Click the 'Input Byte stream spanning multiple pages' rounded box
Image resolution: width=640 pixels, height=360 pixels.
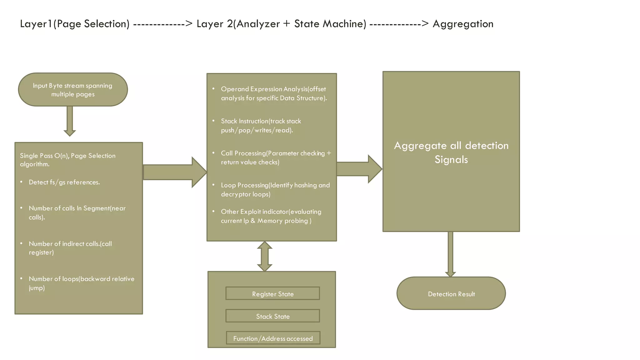pos(73,90)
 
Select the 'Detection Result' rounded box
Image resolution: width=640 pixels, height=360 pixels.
pos(451,293)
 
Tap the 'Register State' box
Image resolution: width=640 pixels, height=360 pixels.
pos(272,293)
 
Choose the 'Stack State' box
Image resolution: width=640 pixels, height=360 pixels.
pos(272,316)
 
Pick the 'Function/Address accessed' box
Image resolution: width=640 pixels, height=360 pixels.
pos(273,338)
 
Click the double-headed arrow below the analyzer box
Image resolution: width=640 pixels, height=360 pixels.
pos(264,256)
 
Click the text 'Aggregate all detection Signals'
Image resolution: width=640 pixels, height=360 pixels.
pos(451,152)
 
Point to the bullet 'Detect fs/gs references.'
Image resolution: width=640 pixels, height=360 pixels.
pos(64,182)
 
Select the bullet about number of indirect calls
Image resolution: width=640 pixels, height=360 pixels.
pos(70,248)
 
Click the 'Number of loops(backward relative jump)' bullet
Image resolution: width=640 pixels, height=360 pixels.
pos(81,283)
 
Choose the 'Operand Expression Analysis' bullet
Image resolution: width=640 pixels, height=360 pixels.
pos(273,93)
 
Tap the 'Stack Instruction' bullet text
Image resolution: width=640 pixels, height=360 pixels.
pos(261,126)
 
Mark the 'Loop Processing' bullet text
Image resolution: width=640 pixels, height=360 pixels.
pos(275,190)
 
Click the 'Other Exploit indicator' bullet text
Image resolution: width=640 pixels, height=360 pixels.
pos(271,216)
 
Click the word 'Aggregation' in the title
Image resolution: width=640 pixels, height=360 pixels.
pos(463,24)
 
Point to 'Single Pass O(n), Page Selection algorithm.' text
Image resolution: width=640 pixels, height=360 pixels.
pos(68,160)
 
